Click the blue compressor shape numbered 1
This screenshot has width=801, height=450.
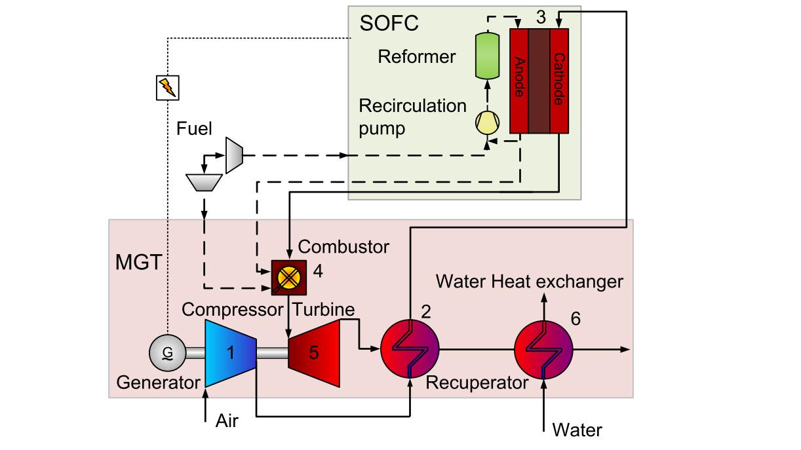(x=229, y=353)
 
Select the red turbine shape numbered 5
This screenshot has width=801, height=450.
(x=315, y=353)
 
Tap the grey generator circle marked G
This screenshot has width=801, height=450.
(x=168, y=353)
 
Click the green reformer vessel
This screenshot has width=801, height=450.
(x=487, y=54)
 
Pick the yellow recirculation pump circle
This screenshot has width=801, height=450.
(x=487, y=122)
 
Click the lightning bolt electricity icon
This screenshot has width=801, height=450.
(x=167, y=87)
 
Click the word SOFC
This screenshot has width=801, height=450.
(x=389, y=25)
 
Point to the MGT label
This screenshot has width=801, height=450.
(x=138, y=263)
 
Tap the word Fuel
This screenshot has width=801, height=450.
(x=194, y=128)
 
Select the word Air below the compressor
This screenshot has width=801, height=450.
(x=227, y=421)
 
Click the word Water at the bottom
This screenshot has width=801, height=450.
(x=577, y=430)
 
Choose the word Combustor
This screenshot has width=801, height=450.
(x=343, y=247)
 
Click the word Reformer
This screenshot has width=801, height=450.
(x=417, y=56)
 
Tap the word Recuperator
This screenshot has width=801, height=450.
(x=477, y=383)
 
